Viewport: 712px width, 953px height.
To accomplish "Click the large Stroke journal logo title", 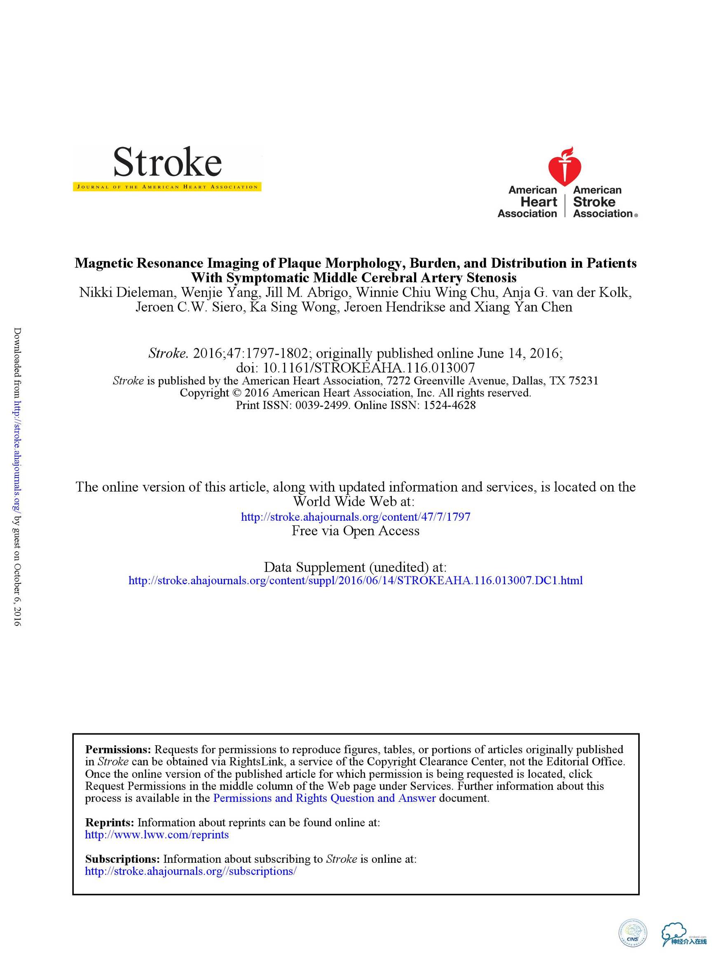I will (167, 162).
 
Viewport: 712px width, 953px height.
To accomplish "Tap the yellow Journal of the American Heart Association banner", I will (167, 187).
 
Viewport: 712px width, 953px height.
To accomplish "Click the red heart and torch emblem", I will (564, 166).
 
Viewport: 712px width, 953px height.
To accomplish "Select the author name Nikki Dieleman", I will (126, 293).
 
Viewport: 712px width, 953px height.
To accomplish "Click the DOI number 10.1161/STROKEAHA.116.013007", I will (369, 368).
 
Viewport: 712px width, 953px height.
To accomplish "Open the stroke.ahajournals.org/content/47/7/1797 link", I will (355, 517).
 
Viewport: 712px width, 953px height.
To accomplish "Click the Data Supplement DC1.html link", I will (355, 581).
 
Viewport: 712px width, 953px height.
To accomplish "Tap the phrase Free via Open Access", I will (355, 531).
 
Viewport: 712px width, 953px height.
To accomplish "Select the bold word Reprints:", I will (110, 822).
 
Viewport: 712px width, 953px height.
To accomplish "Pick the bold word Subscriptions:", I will (122, 859).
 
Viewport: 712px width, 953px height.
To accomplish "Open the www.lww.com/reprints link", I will (157, 835).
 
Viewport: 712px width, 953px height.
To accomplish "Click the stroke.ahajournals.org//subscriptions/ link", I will (191, 871).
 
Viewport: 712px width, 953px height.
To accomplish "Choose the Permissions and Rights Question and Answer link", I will (324, 798).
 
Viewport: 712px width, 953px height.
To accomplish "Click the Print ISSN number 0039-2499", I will (322, 405).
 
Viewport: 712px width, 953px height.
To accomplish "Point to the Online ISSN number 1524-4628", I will (450, 405).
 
